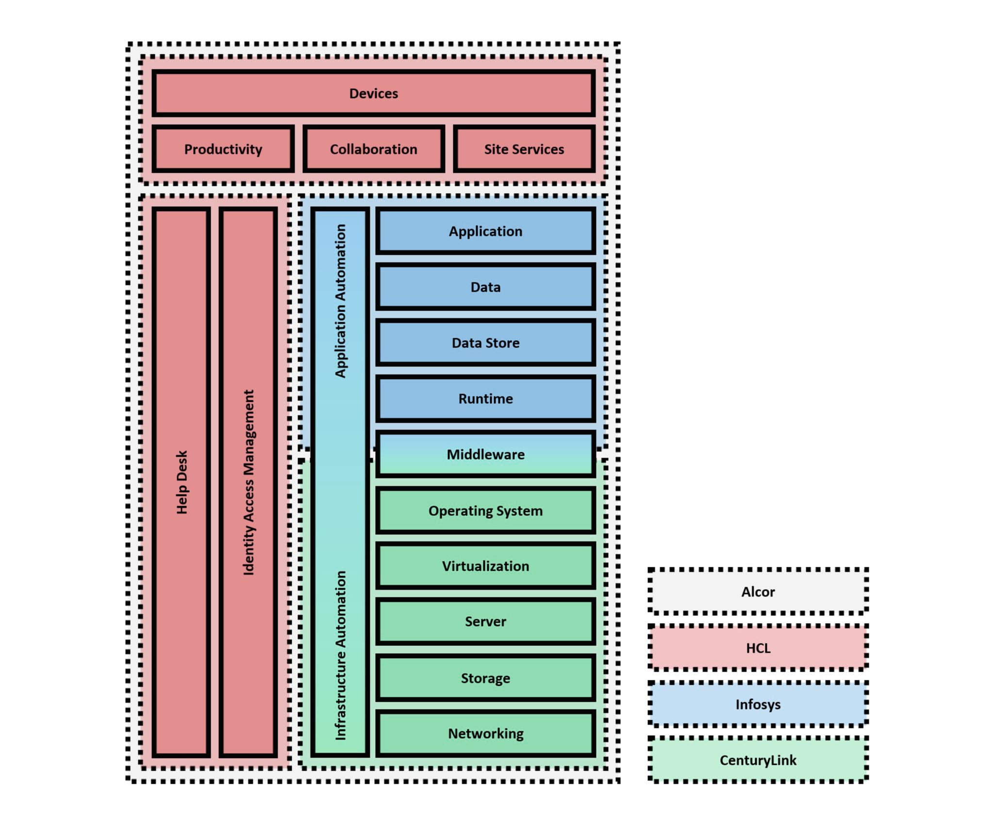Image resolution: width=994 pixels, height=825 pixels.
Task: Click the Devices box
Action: (x=373, y=93)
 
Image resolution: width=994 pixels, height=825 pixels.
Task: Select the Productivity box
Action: (x=223, y=149)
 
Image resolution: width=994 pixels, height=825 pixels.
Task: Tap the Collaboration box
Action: (x=373, y=149)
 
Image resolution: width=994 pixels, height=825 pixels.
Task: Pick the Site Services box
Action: (x=524, y=149)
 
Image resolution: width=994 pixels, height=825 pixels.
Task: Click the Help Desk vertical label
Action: (x=182, y=482)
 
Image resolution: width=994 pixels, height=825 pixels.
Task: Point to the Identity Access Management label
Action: (x=248, y=482)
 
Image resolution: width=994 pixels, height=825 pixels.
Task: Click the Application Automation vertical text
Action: (x=341, y=301)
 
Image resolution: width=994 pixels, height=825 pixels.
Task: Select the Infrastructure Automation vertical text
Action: (x=341, y=655)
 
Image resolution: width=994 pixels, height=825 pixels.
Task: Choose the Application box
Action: (x=485, y=231)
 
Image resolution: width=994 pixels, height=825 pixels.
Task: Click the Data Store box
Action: (x=485, y=343)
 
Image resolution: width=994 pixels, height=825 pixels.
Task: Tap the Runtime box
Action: (x=485, y=398)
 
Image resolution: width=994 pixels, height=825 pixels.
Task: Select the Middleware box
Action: (x=485, y=454)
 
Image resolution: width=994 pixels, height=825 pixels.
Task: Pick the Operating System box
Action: (x=485, y=511)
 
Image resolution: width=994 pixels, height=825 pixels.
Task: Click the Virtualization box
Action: (x=485, y=566)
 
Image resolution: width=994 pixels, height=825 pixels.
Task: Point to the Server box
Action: (x=485, y=621)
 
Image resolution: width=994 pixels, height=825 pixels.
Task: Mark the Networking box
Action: (x=485, y=733)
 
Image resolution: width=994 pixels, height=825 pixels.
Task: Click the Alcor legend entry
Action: (x=758, y=592)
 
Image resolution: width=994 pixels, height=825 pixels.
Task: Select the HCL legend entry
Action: (x=758, y=648)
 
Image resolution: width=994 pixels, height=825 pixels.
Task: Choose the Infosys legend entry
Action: (x=758, y=704)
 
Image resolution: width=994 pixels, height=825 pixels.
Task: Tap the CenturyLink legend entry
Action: (x=758, y=760)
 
